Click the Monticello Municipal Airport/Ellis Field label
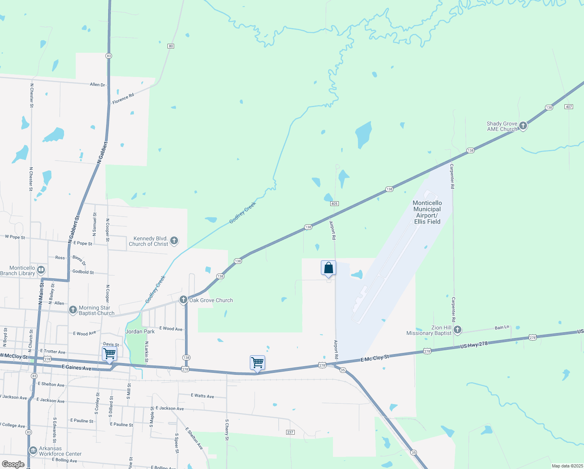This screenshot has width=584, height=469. click(427, 212)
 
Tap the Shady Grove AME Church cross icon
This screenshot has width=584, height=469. click(523, 126)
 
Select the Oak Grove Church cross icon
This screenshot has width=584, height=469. click(183, 300)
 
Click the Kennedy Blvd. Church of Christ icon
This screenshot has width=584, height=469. click(174, 241)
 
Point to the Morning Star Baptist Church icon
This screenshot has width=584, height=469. click(73, 310)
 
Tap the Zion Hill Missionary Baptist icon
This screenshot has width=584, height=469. click(458, 330)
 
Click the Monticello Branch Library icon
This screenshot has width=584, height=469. click(41, 270)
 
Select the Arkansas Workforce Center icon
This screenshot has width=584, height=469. click(33, 451)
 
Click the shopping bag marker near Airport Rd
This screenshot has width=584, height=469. click(328, 268)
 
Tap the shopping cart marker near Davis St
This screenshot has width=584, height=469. click(110, 353)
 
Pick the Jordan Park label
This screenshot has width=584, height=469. click(140, 331)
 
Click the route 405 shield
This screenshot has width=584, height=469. click(334, 204)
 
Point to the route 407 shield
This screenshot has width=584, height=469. click(569, 107)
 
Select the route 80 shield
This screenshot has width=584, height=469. click(171, 46)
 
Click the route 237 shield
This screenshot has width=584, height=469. click(290, 432)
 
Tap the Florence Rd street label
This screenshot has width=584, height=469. click(123, 98)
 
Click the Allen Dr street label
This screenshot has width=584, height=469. click(97, 84)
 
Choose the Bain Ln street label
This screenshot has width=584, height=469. click(502, 328)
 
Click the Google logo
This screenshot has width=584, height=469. click(13, 464)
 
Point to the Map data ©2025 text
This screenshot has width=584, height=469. click(567, 466)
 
